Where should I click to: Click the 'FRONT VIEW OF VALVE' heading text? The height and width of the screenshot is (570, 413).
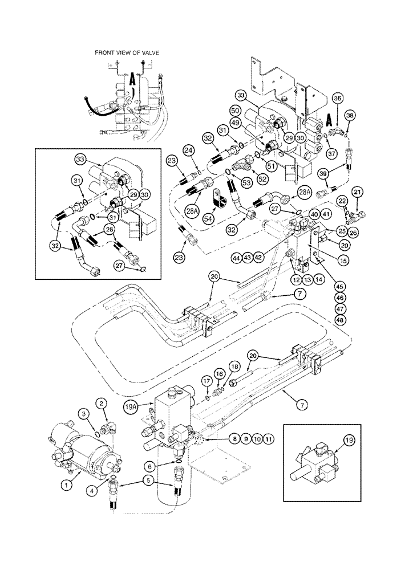127,52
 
